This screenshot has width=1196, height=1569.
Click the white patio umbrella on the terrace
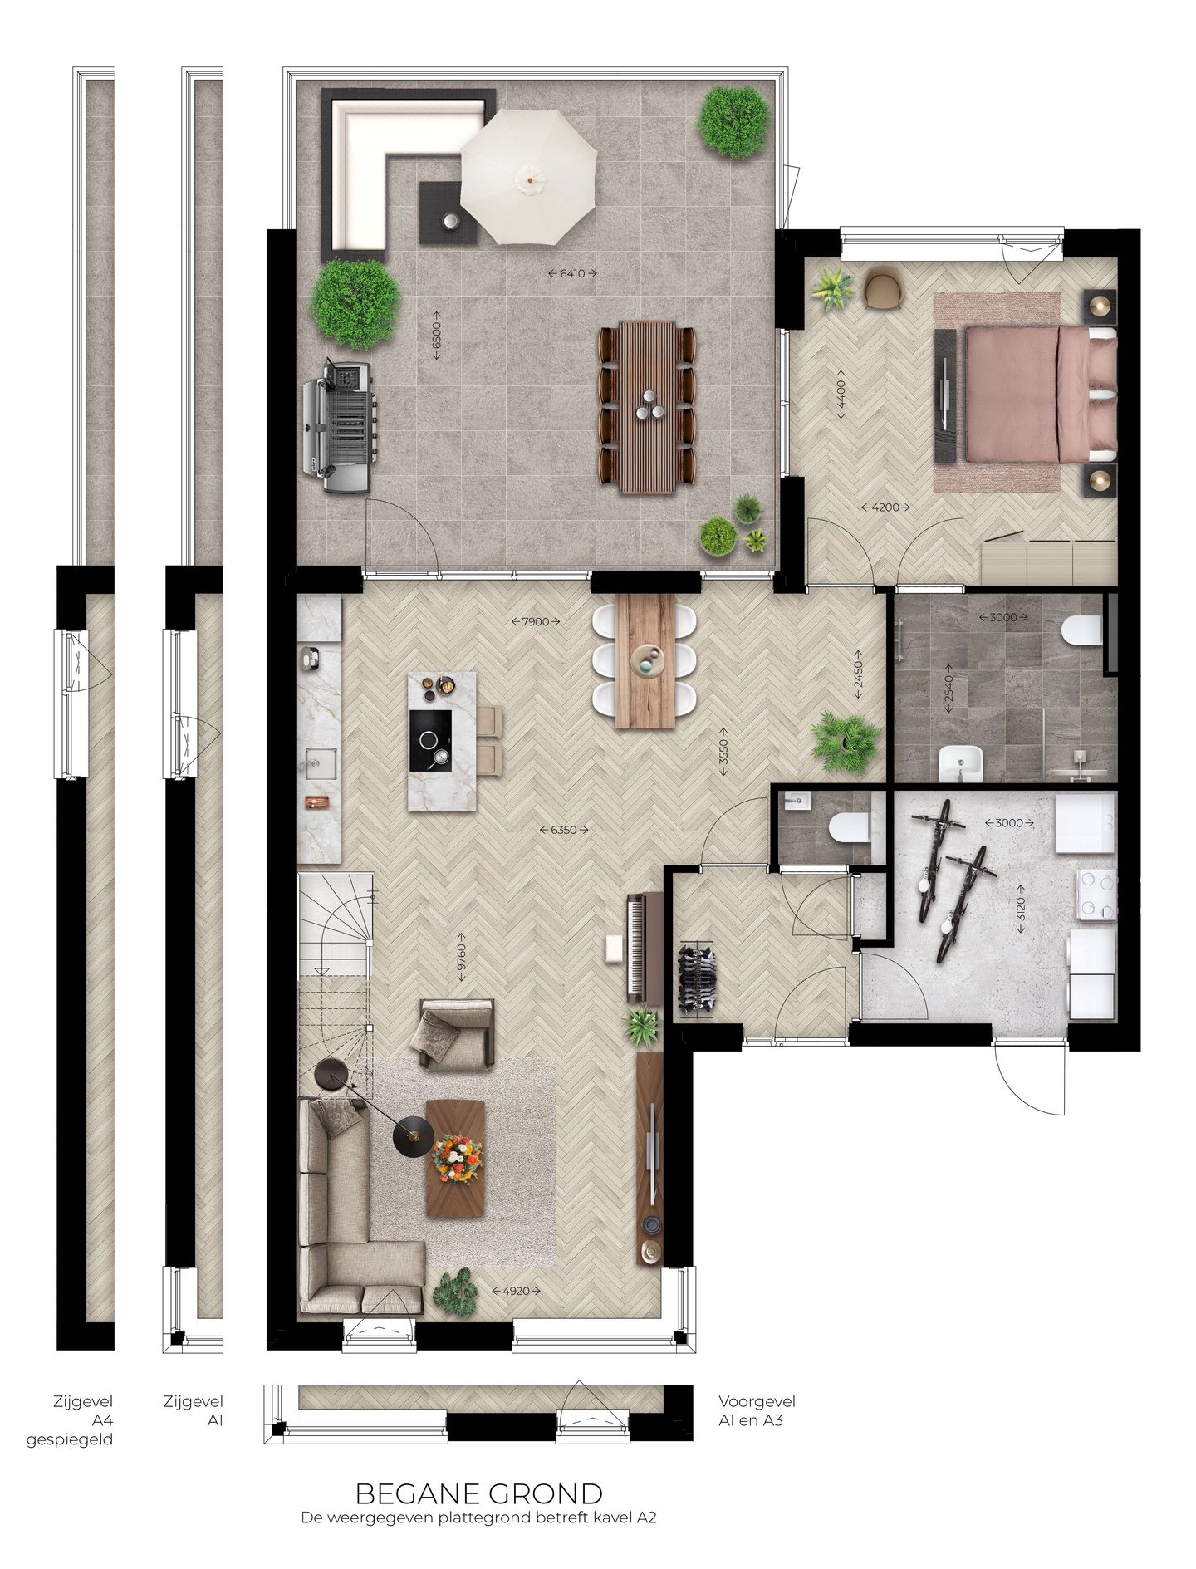coord(528,176)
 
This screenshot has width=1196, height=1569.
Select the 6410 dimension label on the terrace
coord(573,273)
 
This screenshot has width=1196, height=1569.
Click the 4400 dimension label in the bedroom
coord(841,395)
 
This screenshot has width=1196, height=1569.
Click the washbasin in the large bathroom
coord(960,762)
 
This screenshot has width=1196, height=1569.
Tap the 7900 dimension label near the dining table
coord(536,621)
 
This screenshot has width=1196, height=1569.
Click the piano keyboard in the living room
coord(635,947)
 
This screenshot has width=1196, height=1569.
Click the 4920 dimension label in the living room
coord(516,1291)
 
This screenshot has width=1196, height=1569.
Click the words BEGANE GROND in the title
coord(478,1494)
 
